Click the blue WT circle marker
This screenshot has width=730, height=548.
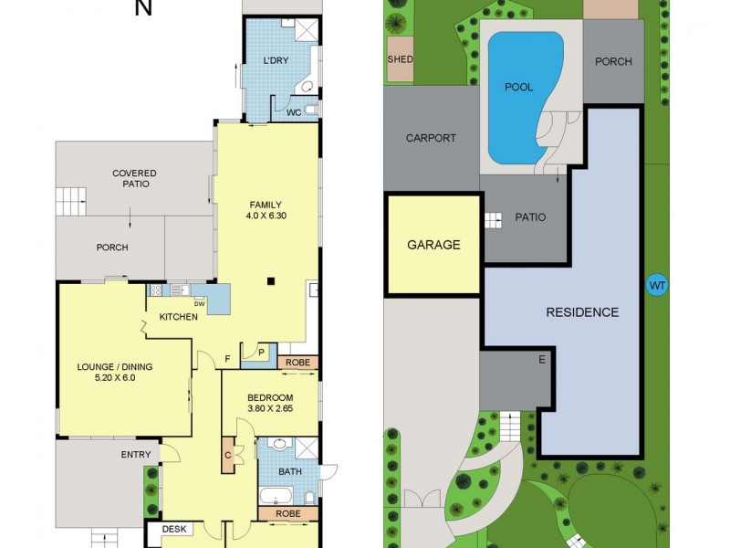[657, 285]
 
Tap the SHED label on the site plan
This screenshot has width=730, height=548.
[400, 59]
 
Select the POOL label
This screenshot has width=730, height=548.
[518, 88]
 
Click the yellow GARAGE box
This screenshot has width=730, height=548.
[433, 245]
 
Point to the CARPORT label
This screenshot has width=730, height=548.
[431, 138]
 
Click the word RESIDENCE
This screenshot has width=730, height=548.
[582, 312]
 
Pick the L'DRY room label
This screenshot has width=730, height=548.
[276, 60]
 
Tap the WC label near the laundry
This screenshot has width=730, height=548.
[294, 113]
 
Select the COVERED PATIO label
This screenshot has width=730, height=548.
[134, 178]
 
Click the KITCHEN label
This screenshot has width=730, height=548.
[178, 317]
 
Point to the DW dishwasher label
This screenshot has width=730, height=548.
[199, 303]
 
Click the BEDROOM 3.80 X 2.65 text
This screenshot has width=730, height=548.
[270, 403]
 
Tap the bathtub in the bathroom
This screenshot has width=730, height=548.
[276, 497]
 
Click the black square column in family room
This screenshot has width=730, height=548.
[270, 281]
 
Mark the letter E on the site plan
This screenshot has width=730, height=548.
[541, 360]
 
